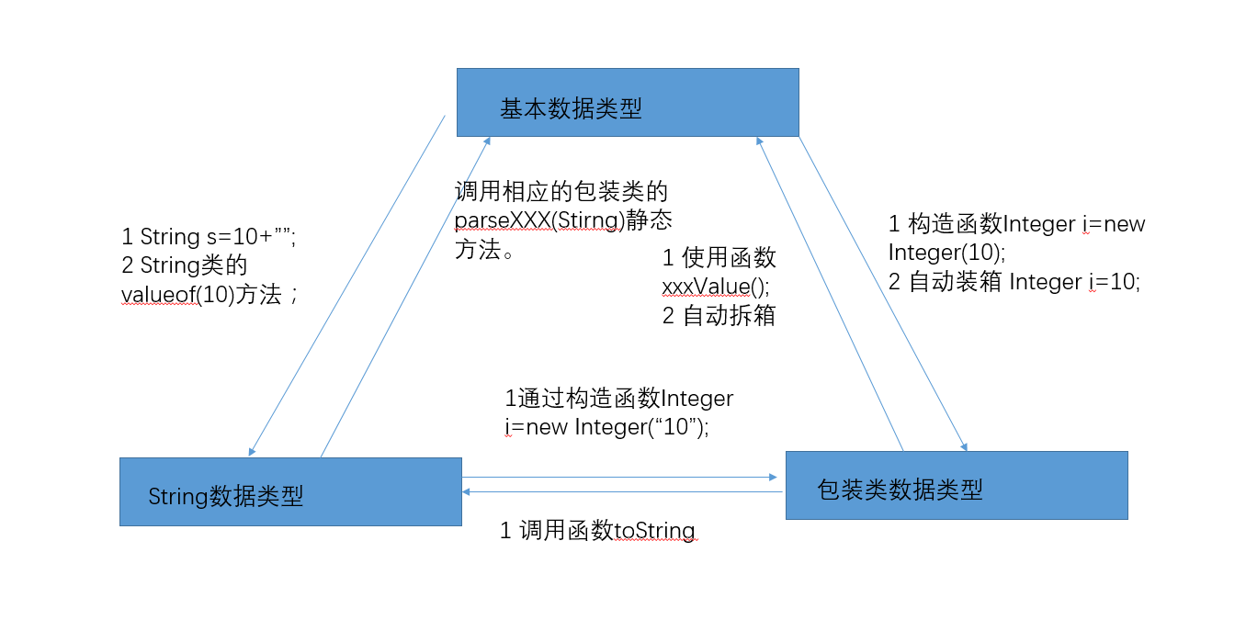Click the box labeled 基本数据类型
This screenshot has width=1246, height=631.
point(628,102)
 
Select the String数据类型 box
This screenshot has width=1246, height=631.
point(290,491)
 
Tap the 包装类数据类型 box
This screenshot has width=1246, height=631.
point(956,485)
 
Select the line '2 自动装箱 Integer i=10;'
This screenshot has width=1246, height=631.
point(1014,282)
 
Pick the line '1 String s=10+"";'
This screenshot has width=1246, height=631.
point(208,237)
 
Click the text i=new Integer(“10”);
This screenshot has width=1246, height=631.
point(606,427)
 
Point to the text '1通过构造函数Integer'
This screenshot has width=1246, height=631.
point(618,399)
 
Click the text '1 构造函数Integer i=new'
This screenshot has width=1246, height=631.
point(1016,224)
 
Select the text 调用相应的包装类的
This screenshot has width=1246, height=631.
point(561,193)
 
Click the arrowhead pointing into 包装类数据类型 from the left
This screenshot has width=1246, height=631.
point(773,478)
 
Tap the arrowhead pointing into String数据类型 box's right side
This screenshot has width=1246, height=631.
point(467,492)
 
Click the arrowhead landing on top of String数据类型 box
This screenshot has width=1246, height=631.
point(252,451)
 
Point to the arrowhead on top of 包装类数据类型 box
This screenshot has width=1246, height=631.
point(963,445)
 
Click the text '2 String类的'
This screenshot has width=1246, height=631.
point(184,265)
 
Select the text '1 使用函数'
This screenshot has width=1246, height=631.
point(719,258)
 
